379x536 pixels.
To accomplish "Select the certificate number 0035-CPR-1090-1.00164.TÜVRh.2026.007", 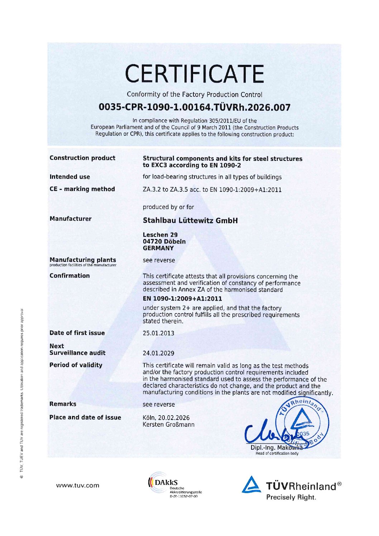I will point(195,107).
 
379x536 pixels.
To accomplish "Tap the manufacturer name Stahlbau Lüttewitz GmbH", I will point(190,220).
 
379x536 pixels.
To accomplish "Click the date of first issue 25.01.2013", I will point(158,333).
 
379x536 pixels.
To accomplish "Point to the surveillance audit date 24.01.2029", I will point(158,353).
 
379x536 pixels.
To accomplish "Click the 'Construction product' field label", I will point(82,158).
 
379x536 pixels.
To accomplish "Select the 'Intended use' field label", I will point(70,177).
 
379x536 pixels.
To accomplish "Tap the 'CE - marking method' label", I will point(82,189).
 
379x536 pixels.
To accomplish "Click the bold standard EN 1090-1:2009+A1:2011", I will point(182,298).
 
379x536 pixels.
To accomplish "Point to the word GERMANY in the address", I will point(158,248).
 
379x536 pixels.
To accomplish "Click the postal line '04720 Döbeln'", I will point(164,241).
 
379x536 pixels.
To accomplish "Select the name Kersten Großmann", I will point(168,425).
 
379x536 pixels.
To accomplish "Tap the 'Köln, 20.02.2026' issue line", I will point(166,418).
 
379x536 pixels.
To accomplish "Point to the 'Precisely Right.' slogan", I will point(291,497).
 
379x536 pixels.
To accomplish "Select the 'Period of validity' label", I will point(76,365).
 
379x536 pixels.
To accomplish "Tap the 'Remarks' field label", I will point(63,404).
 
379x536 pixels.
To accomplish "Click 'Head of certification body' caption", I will point(277,453).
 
